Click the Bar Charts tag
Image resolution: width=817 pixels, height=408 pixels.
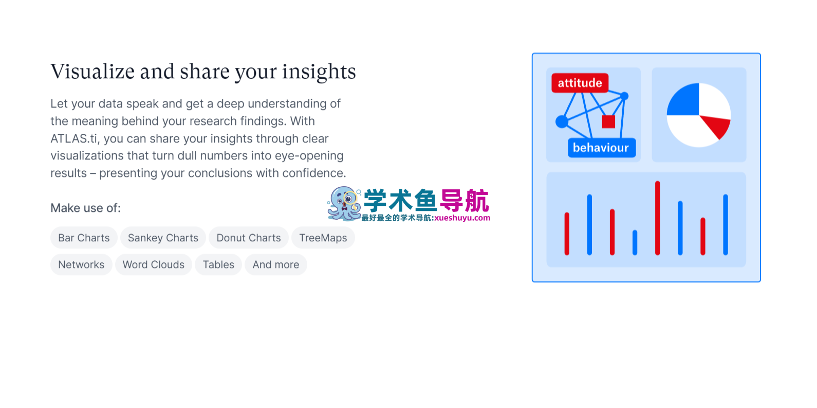point(84,238)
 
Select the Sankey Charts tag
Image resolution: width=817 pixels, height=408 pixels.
point(163,238)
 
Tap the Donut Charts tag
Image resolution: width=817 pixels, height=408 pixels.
point(249,238)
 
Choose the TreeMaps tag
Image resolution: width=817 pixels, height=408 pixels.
point(323,238)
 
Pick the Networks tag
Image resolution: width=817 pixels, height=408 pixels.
point(81,264)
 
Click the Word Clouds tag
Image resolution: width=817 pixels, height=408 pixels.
point(154,264)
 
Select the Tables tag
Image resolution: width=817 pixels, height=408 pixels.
point(218,264)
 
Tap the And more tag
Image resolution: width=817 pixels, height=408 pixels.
point(276,264)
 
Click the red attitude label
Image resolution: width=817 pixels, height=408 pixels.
point(580,83)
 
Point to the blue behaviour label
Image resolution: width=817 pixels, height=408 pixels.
point(602,148)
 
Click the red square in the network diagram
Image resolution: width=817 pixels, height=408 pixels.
point(608,121)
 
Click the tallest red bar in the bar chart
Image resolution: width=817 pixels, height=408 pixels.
point(657,218)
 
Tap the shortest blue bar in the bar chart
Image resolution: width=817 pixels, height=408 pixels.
point(635,242)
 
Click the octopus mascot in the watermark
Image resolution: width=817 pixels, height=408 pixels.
point(344,204)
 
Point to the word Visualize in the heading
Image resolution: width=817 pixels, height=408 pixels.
point(92,71)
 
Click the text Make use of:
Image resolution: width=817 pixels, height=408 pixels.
point(85,208)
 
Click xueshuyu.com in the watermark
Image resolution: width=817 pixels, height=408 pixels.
point(462,218)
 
